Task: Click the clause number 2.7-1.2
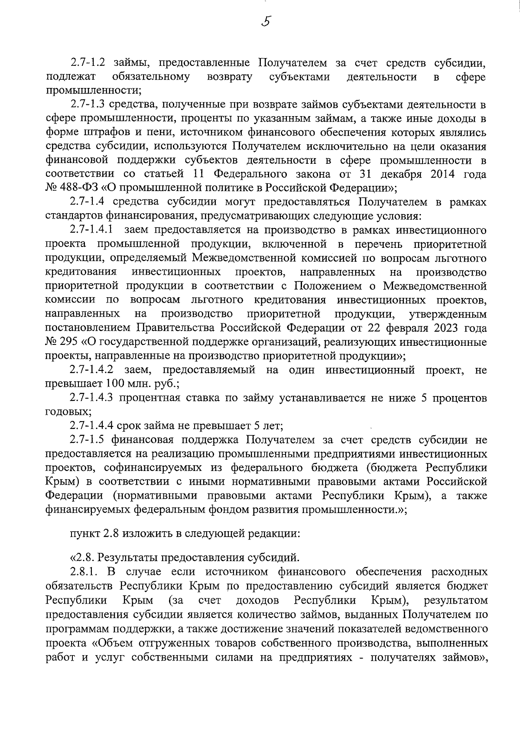88,63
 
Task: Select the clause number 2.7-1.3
88,104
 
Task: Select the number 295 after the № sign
69,342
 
